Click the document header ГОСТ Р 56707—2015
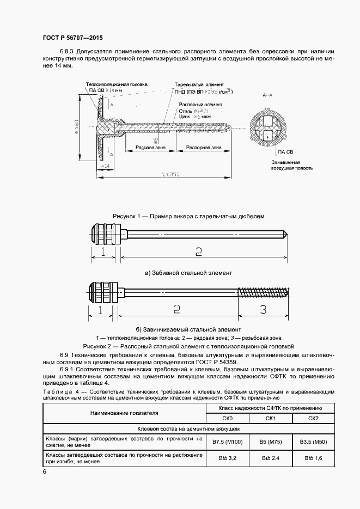[x=72, y=38]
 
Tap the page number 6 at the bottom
[x=44, y=471]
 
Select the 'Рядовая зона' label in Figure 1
[x=144, y=148]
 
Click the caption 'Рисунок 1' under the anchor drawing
[x=188, y=216]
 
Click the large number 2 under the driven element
[x=198, y=251]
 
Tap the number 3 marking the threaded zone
[x=263, y=310]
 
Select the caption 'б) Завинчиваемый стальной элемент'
[x=188, y=329]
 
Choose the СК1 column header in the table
[x=271, y=418]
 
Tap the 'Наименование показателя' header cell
[x=124, y=413]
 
